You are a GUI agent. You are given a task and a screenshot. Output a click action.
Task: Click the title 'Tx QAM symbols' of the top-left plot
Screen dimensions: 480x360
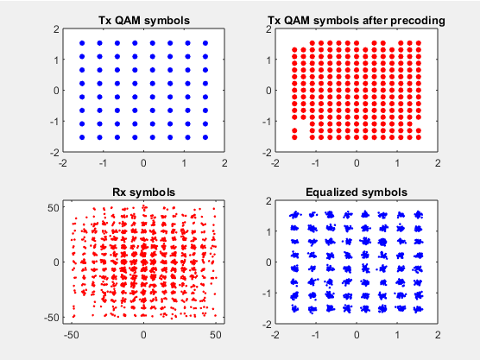click(144, 20)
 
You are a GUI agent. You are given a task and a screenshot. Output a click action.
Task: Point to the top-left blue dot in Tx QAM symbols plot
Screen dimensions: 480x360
click(82, 43)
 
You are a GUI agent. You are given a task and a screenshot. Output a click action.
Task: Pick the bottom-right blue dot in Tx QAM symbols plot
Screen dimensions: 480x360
click(205, 137)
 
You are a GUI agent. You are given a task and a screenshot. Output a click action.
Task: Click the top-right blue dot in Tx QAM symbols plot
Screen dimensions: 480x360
click(205, 43)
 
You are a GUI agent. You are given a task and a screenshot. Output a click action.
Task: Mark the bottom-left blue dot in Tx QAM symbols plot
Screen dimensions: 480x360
click(82, 137)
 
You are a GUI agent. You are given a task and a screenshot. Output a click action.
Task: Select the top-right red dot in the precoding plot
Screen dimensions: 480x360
click(419, 43)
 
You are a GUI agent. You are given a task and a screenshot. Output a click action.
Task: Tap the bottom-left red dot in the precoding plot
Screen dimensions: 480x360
click(294, 137)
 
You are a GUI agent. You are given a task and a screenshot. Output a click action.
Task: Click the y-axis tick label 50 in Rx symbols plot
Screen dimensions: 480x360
click(53, 207)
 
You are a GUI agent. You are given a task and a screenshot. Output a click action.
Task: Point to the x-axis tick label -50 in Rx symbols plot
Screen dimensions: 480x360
click(72, 335)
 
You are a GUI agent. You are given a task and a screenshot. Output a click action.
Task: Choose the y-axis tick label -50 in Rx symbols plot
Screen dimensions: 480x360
click(51, 318)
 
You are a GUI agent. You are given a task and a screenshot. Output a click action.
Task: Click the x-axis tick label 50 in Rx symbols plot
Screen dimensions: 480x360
click(216, 335)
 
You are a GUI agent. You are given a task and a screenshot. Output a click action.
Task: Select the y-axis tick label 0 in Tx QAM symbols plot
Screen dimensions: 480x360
click(56, 91)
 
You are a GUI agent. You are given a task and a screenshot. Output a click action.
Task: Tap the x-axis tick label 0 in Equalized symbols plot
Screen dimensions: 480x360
click(357, 335)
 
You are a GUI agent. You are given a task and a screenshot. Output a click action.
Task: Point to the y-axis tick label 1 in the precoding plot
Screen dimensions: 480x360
click(268, 60)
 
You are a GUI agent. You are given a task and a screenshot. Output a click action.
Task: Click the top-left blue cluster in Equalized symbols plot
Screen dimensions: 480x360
click(295, 215)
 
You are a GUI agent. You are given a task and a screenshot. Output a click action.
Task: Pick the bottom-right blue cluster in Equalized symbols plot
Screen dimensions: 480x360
click(418, 309)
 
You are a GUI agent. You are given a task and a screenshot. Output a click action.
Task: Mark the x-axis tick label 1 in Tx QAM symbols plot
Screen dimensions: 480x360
click(184, 163)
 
